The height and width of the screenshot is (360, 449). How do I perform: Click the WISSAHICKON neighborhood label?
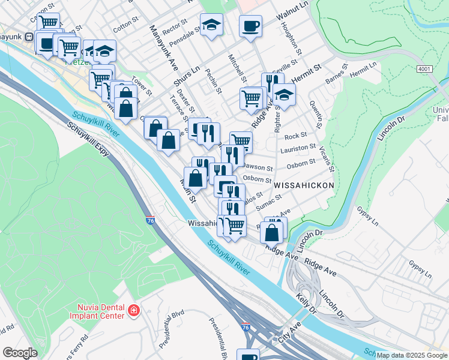304,186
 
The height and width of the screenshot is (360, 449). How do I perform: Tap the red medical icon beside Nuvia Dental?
134,311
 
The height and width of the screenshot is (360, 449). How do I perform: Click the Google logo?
20,352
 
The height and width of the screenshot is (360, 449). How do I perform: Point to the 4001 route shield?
424,69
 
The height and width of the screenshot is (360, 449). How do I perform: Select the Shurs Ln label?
185,76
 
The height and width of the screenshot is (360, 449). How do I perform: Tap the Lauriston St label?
301,147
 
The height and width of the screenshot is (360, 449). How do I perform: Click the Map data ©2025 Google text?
412,355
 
